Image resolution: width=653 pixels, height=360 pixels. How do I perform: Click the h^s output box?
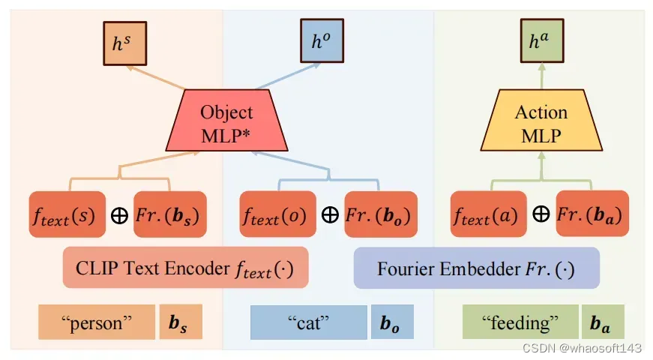pos(124,43)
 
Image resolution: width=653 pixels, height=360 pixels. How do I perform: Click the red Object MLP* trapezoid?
pos(226,122)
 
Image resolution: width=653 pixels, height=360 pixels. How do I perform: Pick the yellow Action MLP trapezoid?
pos(541,122)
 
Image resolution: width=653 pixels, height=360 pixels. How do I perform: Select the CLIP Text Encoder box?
pos(186,268)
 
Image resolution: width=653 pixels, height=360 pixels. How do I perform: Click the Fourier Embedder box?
pos(476,268)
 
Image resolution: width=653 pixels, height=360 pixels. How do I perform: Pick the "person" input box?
pos(96,323)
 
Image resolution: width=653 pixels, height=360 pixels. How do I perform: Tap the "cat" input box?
pos(308,323)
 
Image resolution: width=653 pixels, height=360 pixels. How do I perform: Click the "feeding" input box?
pos(520,323)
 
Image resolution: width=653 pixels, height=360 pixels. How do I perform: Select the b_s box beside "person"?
pos(181,323)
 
